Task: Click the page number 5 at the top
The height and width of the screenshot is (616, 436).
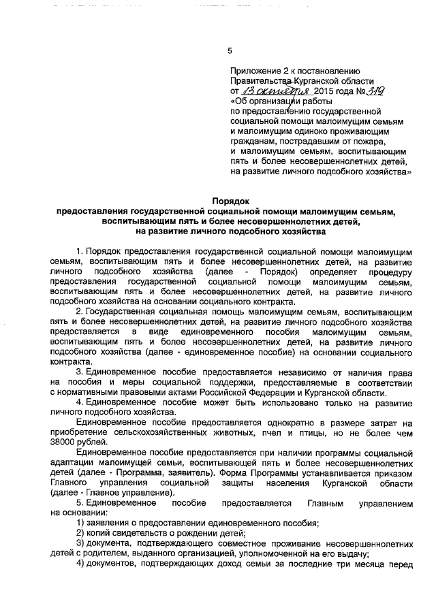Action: (230, 50)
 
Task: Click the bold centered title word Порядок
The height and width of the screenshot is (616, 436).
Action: (230, 201)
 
